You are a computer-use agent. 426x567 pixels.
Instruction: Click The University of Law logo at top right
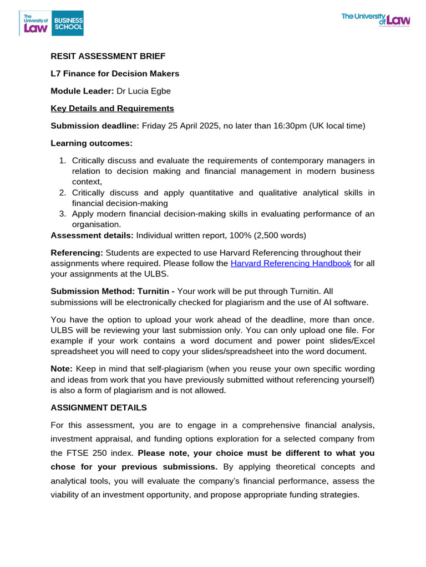click(376, 20)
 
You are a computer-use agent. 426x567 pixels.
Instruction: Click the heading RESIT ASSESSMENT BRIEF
click(108, 56)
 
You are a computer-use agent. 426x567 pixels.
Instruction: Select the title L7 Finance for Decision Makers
click(115, 74)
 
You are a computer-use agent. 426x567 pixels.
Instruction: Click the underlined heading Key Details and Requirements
click(112, 109)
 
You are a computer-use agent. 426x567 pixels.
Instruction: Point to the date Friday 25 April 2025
click(180, 126)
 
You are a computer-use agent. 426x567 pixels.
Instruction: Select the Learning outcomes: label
click(92, 143)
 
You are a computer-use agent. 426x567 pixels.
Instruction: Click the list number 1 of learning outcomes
click(62, 161)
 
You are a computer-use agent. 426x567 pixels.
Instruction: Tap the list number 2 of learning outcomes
click(62, 193)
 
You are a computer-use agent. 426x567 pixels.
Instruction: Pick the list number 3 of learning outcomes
click(62, 214)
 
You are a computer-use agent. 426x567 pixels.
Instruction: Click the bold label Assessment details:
click(92, 235)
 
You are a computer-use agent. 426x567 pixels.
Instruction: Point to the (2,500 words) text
click(279, 235)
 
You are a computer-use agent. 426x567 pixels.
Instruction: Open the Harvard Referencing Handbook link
click(291, 264)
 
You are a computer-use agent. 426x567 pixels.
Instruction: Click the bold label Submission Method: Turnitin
click(113, 291)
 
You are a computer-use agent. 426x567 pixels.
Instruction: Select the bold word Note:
click(62, 369)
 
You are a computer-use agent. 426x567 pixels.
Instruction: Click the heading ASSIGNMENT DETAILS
click(99, 408)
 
